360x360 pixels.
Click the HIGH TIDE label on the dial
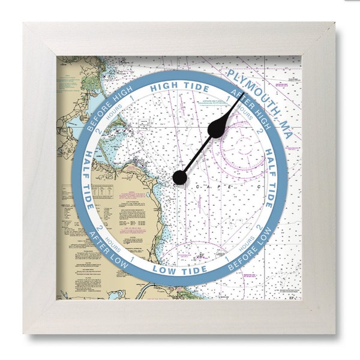pyautogui.click(x=172, y=86)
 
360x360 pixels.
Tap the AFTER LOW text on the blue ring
pyautogui.click(x=108, y=244)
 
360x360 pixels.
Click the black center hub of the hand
pyautogui.click(x=179, y=177)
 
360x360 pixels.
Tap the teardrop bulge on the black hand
pyautogui.click(x=217, y=127)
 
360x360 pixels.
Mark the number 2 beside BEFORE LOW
pyautogui.click(x=259, y=227)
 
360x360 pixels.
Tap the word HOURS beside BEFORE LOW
pyautogui.click(x=246, y=242)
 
